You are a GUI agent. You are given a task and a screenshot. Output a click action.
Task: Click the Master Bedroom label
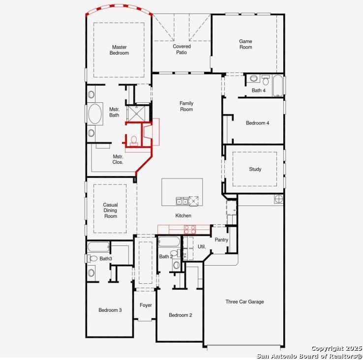[x=120, y=50]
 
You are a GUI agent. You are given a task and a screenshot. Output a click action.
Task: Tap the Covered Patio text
[x=181, y=49]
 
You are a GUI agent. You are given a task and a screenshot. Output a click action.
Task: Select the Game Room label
[x=246, y=44]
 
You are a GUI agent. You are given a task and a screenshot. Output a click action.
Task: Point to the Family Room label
[x=186, y=106]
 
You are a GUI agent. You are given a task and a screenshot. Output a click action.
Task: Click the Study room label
[x=255, y=169]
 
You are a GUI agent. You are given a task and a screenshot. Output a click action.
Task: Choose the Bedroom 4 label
[x=257, y=123]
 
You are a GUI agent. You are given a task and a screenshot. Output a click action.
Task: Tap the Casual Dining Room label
[x=110, y=210]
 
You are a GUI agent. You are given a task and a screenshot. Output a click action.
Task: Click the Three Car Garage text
[x=244, y=301]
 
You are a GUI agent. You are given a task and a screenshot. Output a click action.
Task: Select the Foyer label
[x=146, y=305]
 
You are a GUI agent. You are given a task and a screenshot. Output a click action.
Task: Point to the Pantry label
[x=221, y=240]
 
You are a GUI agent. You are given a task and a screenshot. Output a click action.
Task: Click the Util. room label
[x=202, y=246]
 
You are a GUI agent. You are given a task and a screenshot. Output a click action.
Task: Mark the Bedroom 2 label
[x=180, y=315]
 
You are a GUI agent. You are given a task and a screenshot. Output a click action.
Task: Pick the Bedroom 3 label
[x=110, y=310]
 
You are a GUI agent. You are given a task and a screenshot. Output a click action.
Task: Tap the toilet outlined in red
[x=133, y=140]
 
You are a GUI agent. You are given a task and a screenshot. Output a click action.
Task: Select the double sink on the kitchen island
[x=181, y=201]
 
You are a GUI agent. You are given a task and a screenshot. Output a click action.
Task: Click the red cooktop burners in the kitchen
[x=190, y=229]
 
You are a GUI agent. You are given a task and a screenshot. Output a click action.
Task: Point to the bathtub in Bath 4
[x=278, y=85]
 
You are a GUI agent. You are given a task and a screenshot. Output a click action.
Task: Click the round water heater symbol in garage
[x=279, y=199]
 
